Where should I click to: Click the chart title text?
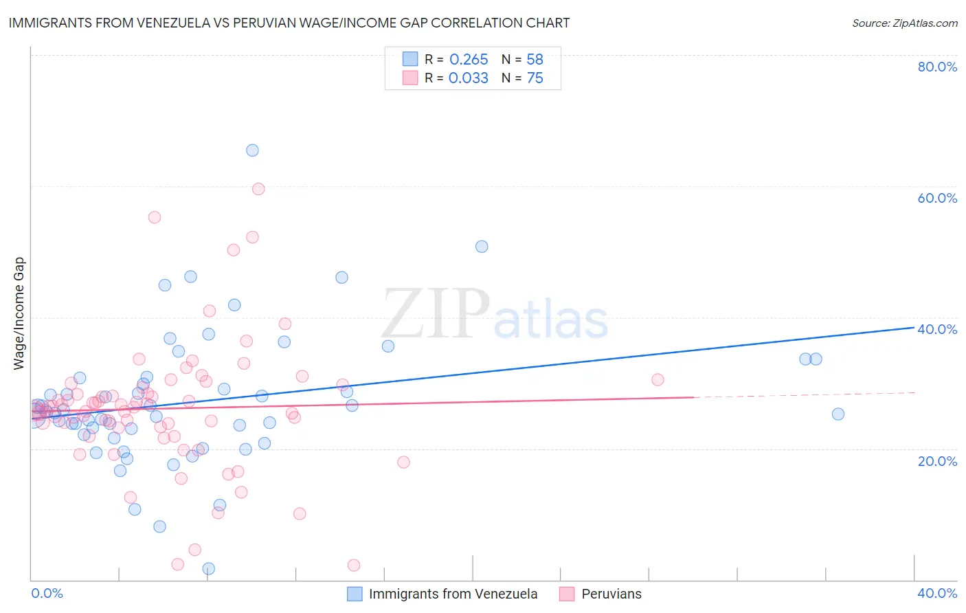pyautogui.click(x=289, y=23)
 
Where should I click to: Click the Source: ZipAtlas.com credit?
pyautogui.click(x=904, y=23)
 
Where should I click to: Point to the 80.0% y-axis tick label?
pyautogui.click(x=937, y=67)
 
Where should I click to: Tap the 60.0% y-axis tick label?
pyautogui.click(x=937, y=198)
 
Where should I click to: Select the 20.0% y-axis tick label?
pyautogui.click(x=937, y=461)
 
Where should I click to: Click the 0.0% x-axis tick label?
pyautogui.click(x=47, y=593)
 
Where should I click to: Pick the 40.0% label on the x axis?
pyautogui.click(x=937, y=593)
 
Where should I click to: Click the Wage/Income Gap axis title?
pyautogui.click(x=19, y=313)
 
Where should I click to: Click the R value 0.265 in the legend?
pyautogui.click(x=469, y=60)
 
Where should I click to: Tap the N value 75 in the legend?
pyautogui.click(x=535, y=78)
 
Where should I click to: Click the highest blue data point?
pyautogui.click(x=252, y=151)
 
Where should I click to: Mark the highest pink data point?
pyautogui.click(x=258, y=189)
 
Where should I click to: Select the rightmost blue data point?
pyautogui.click(x=838, y=414)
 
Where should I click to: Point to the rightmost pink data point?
pyautogui.click(x=658, y=379)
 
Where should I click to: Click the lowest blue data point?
pyautogui.click(x=209, y=568)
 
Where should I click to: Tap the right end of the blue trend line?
pyautogui.click(x=913, y=327)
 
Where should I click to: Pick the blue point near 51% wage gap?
pyautogui.click(x=482, y=247)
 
